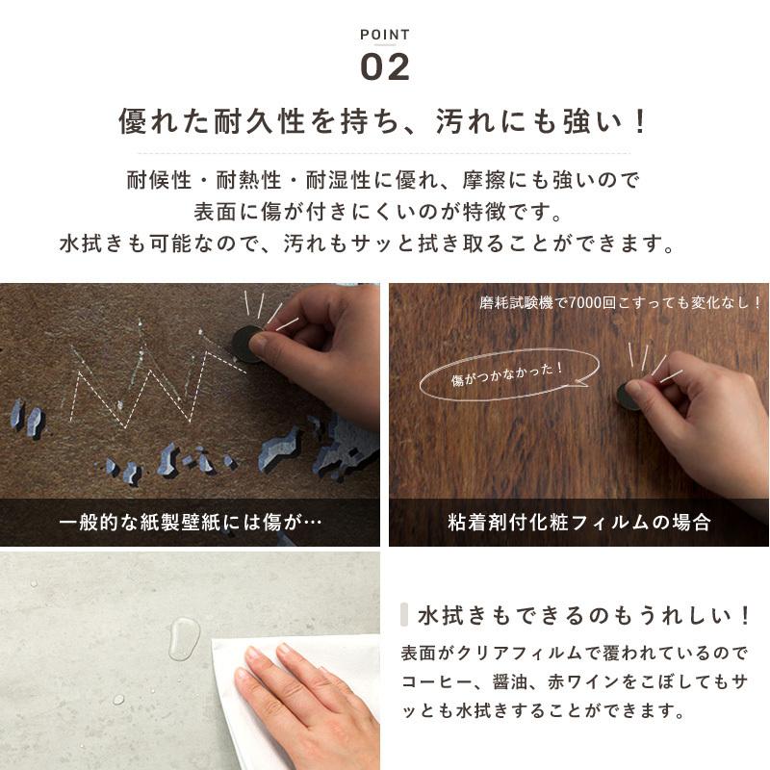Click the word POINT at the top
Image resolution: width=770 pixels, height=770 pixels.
tap(385, 35)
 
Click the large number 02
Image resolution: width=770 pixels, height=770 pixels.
tap(385, 66)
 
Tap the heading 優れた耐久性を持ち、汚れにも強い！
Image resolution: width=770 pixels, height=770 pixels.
tap(384, 122)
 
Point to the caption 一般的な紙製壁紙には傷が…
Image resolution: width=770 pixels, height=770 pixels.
tap(190, 523)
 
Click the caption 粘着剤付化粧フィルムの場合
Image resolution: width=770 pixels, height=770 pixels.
tap(579, 523)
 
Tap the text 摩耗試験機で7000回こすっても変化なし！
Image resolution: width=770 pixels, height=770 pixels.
tap(621, 302)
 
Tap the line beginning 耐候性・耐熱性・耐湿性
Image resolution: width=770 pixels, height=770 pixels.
tap(384, 180)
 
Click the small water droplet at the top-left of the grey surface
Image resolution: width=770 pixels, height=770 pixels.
tap(36, 583)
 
